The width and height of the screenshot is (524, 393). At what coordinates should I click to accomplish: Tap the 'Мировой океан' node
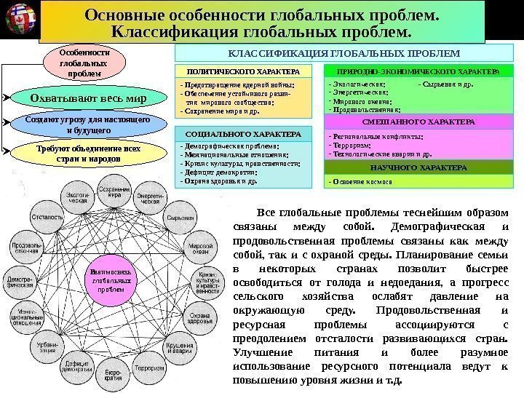[201, 250]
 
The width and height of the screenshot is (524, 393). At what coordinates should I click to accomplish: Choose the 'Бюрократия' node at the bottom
[111, 377]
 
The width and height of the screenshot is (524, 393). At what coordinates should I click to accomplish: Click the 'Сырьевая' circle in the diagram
[175, 216]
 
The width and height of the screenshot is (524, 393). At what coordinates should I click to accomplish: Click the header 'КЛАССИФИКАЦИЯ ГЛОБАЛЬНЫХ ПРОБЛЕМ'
[344, 54]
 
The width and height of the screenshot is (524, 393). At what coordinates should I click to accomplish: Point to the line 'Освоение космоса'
[360, 181]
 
